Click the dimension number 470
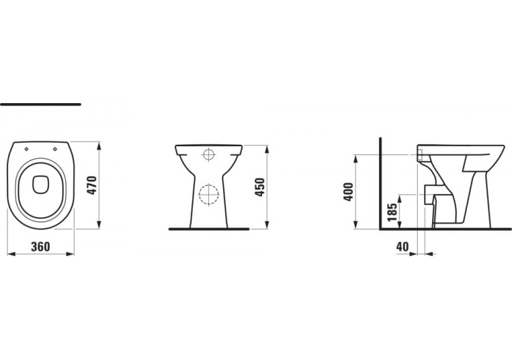point(92,186)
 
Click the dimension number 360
point(41,247)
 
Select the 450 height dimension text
point(259,186)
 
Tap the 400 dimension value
point(347,191)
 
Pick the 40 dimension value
point(402,247)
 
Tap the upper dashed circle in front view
point(208,154)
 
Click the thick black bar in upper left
point(41,105)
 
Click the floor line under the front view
point(208,230)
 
